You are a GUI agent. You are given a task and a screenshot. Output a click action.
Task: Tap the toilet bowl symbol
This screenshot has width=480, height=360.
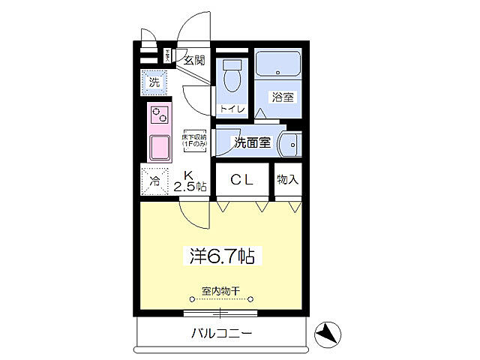coord(231,76)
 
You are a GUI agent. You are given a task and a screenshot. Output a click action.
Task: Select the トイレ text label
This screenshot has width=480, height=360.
coord(231,109)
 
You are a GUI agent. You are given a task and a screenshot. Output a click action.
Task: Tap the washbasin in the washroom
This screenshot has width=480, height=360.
coord(289,143)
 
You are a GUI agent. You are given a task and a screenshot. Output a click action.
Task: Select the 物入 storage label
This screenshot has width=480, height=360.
coord(287,179)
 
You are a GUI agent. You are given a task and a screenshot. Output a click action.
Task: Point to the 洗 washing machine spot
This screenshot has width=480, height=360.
coord(154,82)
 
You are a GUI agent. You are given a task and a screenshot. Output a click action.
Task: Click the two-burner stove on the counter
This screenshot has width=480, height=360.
coord(160,116)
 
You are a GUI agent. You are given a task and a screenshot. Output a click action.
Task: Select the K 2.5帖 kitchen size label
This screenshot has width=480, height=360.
coord(190,181)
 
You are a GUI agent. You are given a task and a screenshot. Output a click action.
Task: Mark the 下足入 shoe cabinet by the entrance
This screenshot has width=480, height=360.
coord(170,55)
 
